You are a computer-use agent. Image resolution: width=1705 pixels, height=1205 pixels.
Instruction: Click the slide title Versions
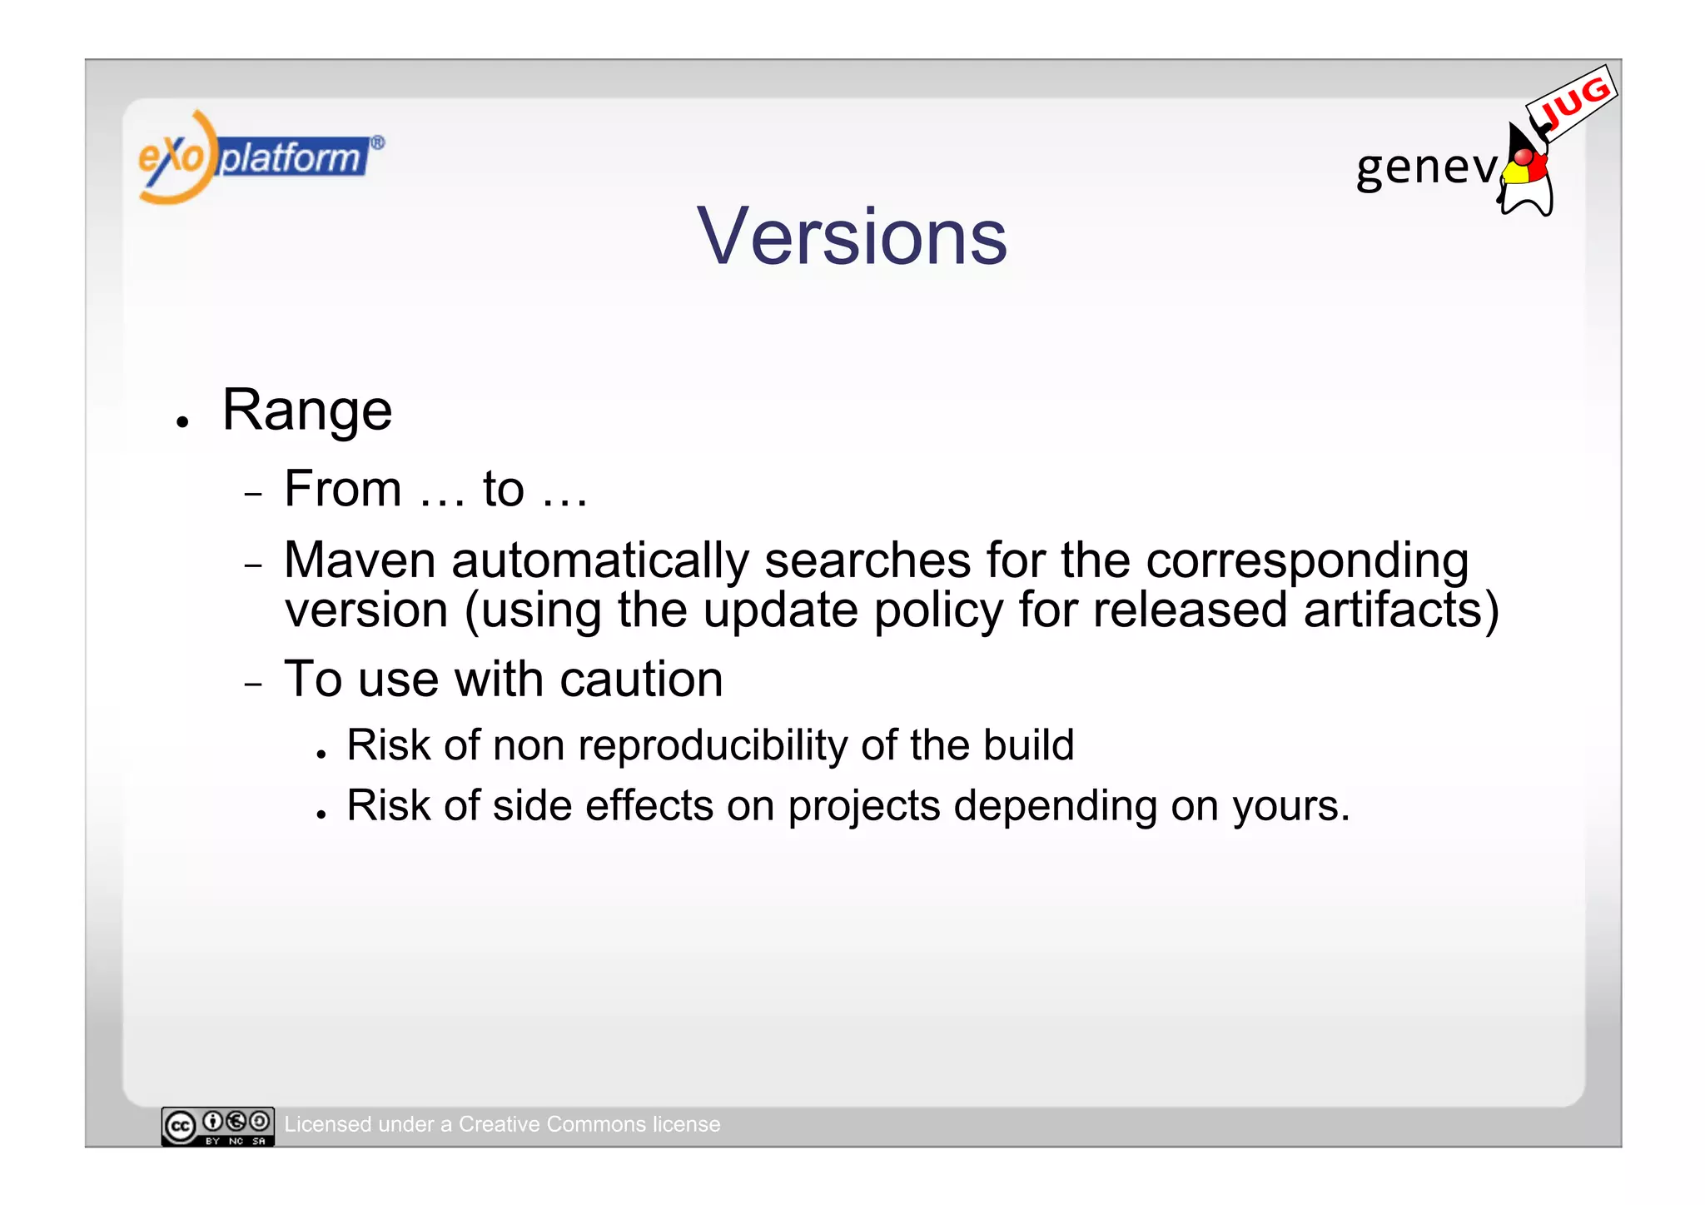tap(852, 237)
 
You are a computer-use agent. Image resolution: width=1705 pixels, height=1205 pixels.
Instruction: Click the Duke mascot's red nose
tap(1523, 157)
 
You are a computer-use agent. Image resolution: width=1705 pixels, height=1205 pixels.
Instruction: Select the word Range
tap(306, 411)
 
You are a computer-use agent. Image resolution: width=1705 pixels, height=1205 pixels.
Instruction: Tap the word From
tap(342, 489)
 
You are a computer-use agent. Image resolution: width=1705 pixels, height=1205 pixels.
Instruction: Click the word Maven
tap(360, 560)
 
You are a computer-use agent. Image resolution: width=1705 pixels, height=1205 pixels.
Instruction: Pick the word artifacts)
tap(1400, 610)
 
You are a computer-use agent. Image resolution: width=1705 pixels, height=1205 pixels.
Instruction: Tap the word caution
tap(641, 680)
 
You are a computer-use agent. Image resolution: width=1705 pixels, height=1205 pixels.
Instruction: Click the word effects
tap(649, 806)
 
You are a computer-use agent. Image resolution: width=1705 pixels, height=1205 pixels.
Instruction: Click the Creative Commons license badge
tap(217, 1126)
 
